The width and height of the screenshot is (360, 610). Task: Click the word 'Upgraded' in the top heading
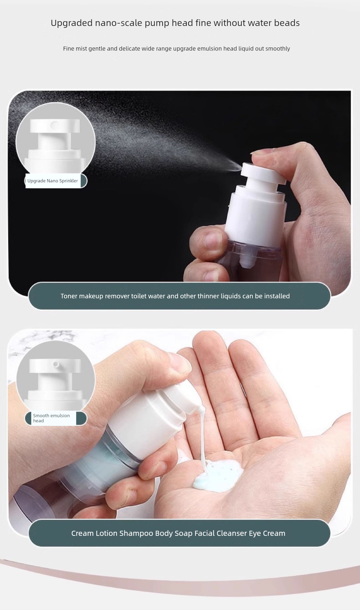[71, 23]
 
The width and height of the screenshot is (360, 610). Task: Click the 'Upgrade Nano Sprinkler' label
[53, 181]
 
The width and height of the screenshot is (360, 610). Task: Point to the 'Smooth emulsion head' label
[51, 418]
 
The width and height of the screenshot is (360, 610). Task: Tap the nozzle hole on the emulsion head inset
[56, 364]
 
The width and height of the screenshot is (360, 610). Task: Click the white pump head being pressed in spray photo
[264, 174]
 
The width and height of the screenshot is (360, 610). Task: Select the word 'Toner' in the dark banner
[69, 296]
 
